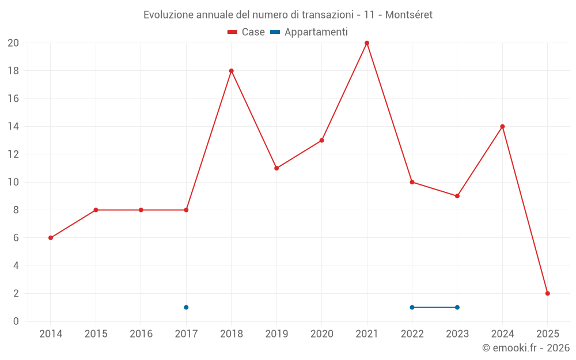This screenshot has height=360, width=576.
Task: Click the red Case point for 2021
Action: click(367, 43)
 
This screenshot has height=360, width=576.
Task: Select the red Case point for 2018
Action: click(232, 71)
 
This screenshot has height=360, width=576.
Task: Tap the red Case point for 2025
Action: click(548, 293)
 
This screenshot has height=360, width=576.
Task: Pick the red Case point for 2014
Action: click(51, 238)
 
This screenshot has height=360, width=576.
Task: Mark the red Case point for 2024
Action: click(502, 127)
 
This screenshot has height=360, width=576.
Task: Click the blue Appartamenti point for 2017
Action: click(186, 307)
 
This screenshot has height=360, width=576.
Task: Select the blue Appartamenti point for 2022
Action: click(412, 307)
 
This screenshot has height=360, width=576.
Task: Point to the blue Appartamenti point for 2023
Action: click(457, 307)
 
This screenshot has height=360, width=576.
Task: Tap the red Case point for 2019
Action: click(276, 168)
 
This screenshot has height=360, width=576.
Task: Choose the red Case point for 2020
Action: click(322, 141)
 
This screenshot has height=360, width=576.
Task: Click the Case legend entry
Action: click(247, 32)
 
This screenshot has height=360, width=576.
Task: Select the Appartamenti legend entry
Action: click(309, 32)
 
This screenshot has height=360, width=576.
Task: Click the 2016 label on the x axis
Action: click(141, 334)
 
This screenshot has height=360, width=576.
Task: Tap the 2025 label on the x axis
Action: click(548, 334)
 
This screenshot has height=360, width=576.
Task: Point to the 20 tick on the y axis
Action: click(13, 43)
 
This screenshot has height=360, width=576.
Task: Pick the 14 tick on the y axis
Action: click(13, 127)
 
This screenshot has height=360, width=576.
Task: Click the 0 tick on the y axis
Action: click(16, 321)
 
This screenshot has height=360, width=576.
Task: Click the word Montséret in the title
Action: click(408, 14)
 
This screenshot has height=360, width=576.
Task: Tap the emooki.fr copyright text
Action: click(526, 348)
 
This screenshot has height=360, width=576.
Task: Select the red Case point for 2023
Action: click(457, 196)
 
